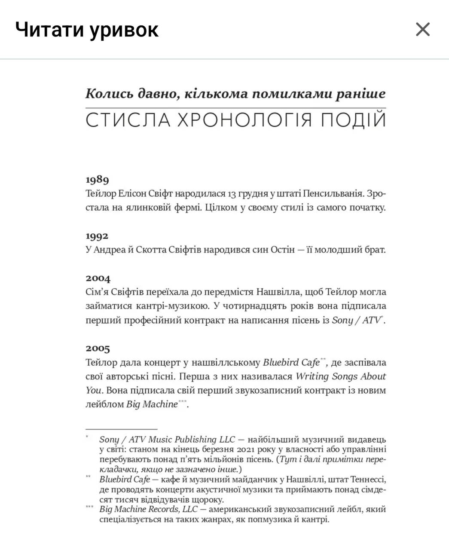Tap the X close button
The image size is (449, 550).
[423, 29]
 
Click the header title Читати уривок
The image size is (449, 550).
[87, 29]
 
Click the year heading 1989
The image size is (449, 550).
[97, 180]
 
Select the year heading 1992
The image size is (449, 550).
[97, 236]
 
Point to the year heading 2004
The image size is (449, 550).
[98, 278]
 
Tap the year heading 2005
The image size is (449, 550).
[98, 348]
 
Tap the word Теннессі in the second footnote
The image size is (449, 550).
[368, 479]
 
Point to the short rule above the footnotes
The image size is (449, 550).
[121, 429]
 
